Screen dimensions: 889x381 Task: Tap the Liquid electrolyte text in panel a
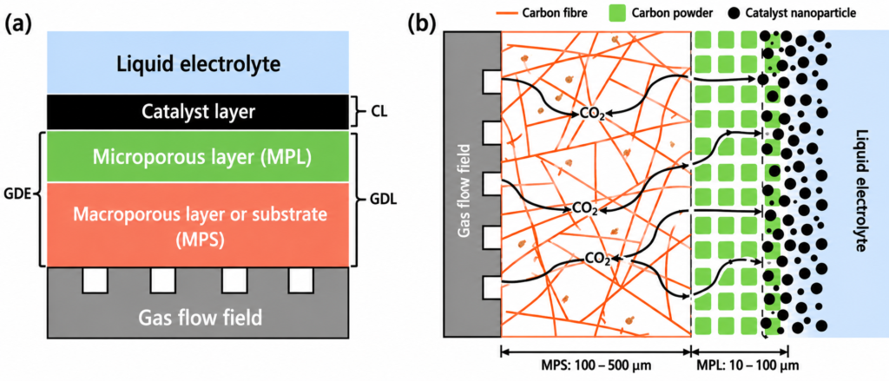pos(198,63)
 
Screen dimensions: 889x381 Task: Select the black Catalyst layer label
pos(198,112)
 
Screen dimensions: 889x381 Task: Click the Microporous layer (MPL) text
pos(198,157)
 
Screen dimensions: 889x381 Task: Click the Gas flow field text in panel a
pos(198,318)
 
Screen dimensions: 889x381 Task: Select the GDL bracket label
pos(378,200)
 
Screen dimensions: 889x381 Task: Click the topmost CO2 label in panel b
pos(592,115)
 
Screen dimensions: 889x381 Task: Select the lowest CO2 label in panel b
pos(598,260)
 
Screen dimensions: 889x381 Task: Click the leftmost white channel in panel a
pos(95,280)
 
